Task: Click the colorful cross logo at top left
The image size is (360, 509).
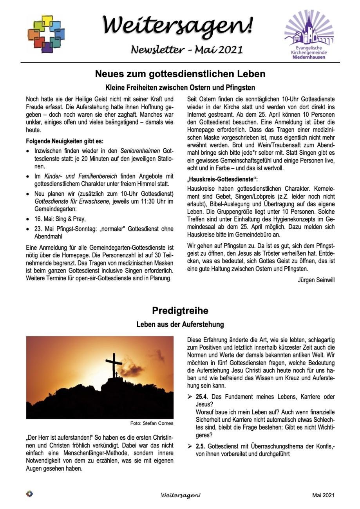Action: [x=46, y=34]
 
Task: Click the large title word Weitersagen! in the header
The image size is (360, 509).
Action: [x=178, y=25]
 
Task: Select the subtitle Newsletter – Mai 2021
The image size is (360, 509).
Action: [x=187, y=50]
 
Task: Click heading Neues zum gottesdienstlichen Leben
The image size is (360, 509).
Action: [x=180, y=74]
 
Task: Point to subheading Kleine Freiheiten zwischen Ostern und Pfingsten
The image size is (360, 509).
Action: [x=180, y=87]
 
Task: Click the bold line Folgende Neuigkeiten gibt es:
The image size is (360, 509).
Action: [x=65, y=141]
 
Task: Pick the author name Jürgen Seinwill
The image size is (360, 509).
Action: [x=316, y=280]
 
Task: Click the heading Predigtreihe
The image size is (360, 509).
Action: [x=180, y=311]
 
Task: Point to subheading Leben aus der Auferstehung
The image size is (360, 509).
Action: [x=180, y=325]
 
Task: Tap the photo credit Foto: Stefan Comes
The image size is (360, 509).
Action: [x=152, y=423]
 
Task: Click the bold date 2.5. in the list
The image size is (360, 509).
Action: [x=201, y=446]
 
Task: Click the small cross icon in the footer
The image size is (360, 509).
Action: [x=29, y=494]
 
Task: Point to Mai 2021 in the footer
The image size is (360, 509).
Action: [x=323, y=495]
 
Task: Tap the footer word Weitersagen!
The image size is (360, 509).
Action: [x=180, y=495]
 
